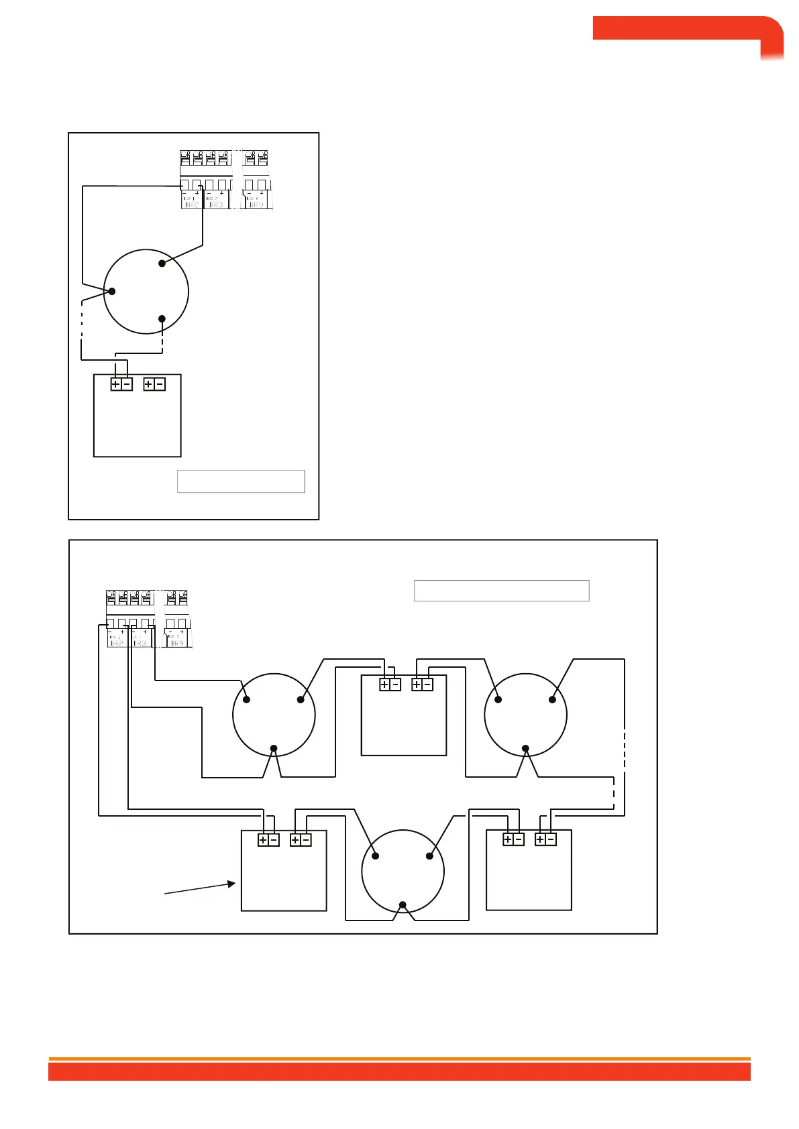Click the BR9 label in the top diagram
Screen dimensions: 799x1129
(257, 204)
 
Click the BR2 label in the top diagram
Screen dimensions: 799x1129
(191, 204)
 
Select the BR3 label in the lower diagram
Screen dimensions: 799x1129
(140, 643)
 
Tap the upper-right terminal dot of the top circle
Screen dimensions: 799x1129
(162, 263)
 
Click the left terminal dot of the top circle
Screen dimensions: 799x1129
(112, 291)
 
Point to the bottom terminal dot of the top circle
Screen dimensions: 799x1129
(162, 318)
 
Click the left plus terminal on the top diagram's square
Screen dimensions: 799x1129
(116, 384)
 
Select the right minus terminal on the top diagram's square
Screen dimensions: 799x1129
(160, 384)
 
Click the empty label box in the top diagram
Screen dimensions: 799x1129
(241, 481)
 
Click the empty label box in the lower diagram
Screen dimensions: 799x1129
(501, 591)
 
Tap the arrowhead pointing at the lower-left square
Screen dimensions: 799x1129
(232, 884)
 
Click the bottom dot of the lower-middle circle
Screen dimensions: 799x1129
(403, 905)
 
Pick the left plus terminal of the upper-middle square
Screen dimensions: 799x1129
(384, 685)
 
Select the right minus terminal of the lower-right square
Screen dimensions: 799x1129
(551, 839)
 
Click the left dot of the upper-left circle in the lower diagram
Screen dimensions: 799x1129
(246, 699)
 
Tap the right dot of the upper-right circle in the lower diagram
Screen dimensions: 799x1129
(552, 699)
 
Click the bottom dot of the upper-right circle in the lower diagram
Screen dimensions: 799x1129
(526, 748)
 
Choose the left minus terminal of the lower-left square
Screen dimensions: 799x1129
(273, 840)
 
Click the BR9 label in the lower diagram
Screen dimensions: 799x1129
(177, 643)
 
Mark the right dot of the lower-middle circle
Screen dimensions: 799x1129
(429, 855)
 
